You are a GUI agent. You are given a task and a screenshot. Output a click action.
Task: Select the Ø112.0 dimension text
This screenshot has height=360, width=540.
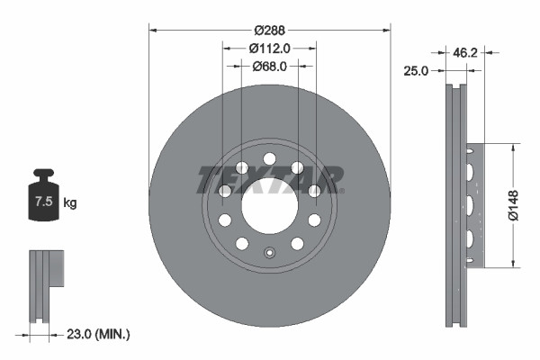coord(270,47)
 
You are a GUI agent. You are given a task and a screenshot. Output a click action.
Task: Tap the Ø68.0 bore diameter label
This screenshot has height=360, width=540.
coord(270,66)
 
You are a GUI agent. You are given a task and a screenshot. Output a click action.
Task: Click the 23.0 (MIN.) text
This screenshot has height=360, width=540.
coord(98,334)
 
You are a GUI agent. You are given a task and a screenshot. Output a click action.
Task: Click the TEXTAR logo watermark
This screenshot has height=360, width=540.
coord(270,179)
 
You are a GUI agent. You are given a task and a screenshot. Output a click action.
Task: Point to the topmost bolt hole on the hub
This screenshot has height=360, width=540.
coord(269,159)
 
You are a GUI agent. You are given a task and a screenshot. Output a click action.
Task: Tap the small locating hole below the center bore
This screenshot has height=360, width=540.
coord(269,253)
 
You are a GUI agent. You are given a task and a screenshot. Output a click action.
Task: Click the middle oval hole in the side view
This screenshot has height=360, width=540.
coord(469,206)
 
